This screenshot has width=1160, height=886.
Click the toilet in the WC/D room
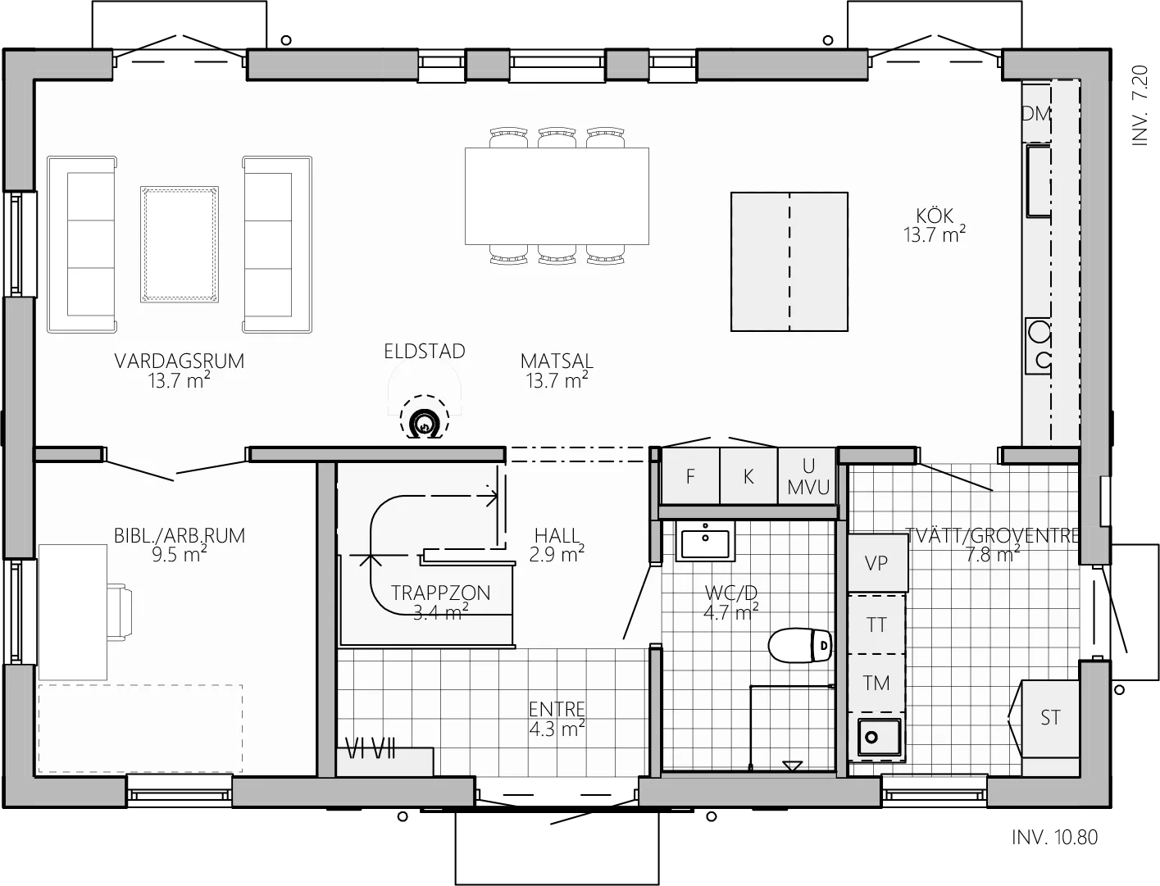[x=799, y=645]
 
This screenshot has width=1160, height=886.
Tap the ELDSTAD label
[x=425, y=352]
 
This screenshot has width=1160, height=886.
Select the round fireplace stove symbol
[x=424, y=423]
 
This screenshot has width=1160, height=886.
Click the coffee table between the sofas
[x=180, y=244]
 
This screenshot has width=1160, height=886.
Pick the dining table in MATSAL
[x=557, y=196]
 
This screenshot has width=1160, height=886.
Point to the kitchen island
[x=789, y=262]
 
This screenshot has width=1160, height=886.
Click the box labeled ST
[x=1049, y=719]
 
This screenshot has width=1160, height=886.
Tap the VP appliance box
[x=877, y=563]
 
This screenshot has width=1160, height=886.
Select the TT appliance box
[x=876, y=625]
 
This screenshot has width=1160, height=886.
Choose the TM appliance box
[x=876, y=683]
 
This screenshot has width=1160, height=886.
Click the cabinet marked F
[x=690, y=476]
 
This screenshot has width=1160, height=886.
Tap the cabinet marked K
[x=748, y=476]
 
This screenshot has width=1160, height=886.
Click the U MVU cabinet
[x=807, y=476]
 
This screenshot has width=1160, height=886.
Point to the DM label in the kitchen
[x=1036, y=114]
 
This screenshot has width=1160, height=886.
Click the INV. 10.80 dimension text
[x=1054, y=837]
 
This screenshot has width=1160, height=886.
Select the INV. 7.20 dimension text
[x=1140, y=106]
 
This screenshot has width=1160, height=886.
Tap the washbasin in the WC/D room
[x=705, y=541]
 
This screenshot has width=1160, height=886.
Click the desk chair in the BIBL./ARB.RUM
[x=120, y=612]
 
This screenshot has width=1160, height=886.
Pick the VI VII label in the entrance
[x=370, y=748]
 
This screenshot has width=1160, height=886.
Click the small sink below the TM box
[x=878, y=737]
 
